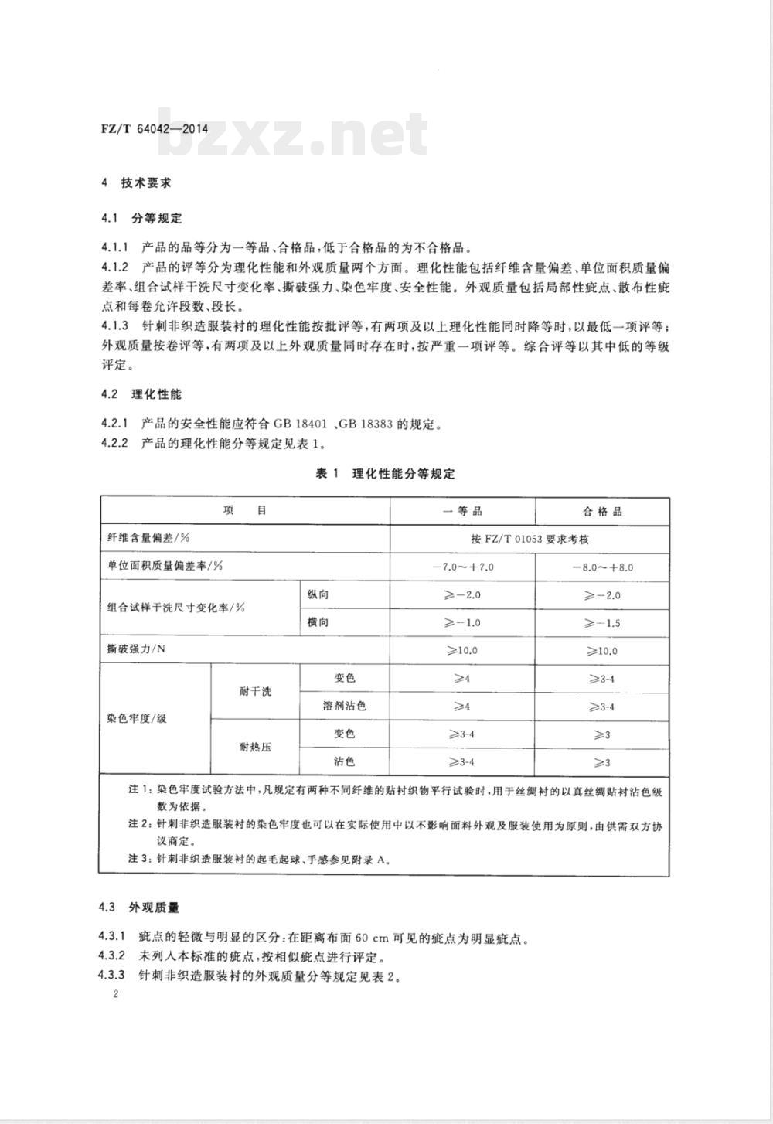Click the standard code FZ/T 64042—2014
tap(155, 128)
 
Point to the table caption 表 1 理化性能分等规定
tap(386, 474)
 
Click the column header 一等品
tap(462, 512)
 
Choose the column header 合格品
tap(602, 512)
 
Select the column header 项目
tap(245, 511)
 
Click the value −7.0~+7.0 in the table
tap(463, 567)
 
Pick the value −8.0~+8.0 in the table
tap(602, 567)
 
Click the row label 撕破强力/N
tap(136, 649)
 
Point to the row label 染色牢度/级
tap(138, 719)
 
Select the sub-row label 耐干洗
tap(255, 691)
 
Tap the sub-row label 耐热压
tap(255, 747)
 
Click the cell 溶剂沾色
tap(344, 706)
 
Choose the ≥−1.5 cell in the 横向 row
tap(602, 623)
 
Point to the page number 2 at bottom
tap(114, 994)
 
